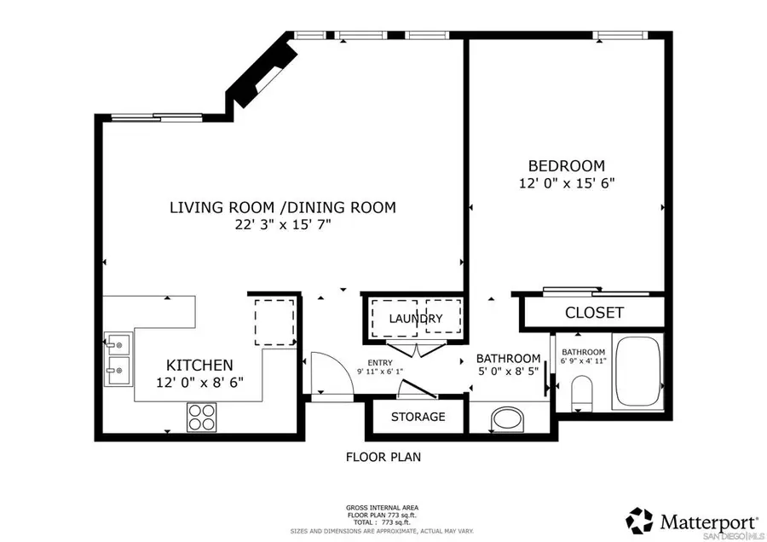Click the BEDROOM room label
[x=566, y=165]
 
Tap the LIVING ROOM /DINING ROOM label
[x=282, y=207]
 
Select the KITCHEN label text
[x=199, y=365]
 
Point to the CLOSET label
[x=594, y=313]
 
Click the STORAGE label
[x=418, y=417]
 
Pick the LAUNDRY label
[x=416, y=319]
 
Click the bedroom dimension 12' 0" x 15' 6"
[x=566, y=183]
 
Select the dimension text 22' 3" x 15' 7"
[x=282, y=225]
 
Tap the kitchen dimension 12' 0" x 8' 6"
[x=199, y=383]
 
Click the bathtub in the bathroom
[x=637, y=372]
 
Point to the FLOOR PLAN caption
[x=383, y=457]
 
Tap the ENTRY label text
[x=380, y=362]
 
